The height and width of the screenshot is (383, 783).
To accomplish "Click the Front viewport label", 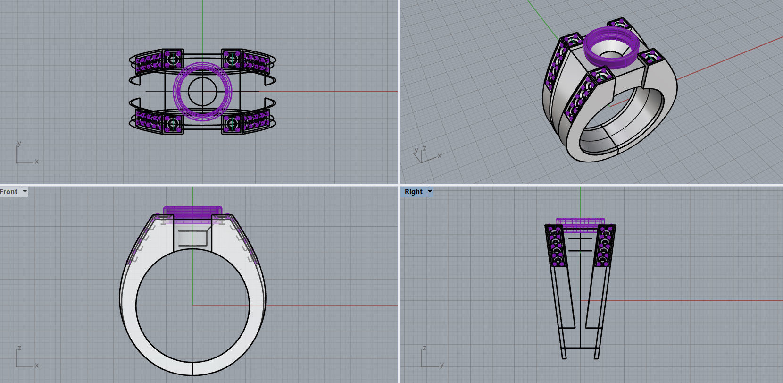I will tap(9, 192).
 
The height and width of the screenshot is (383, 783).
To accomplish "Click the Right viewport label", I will tap(413, 192).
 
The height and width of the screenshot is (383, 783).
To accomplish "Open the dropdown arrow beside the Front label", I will tap(25, 192).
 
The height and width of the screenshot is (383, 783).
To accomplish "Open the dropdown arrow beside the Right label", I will tap(430, 192).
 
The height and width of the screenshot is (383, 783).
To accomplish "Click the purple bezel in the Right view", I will tap(580, 224).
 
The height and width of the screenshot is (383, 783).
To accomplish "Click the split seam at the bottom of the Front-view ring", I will tap(192, 368).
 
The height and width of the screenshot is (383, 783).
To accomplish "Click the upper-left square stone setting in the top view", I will tap(173, 59).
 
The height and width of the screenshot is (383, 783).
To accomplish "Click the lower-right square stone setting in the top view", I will tap(232, 124).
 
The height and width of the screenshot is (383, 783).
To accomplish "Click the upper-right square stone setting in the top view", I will tap(232, 59).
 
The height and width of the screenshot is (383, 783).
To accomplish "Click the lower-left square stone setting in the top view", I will tap(173, 124).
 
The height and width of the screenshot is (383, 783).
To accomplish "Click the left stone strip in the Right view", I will tap(555, 246).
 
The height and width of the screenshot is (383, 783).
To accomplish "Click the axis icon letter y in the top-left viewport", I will tap(19, 143).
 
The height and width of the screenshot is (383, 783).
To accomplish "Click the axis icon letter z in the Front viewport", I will tap(19, 348).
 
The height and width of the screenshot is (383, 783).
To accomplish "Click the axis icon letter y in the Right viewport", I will tap(441, 365).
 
